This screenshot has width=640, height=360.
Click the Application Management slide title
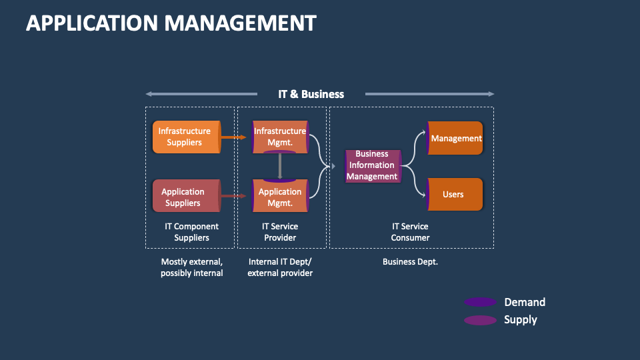click(171, 23)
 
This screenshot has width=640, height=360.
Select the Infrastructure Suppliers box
click(185, 137)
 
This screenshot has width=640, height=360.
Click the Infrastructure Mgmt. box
click(280, 137)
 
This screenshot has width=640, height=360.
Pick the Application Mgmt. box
click(280, 197)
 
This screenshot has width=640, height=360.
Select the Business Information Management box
click(372, 165)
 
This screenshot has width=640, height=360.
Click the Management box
click(455, 138)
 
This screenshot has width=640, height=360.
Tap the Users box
click(454, 195)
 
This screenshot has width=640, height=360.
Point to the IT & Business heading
click(311, 94)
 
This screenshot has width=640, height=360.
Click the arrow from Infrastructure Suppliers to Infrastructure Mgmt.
click(233, 137)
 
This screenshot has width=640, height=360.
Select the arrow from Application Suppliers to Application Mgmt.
click(233, 196)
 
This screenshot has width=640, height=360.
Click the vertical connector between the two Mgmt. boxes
click(280, 166)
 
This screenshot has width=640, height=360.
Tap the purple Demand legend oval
click(480, 302)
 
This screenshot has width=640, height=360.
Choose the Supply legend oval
click(480, 320)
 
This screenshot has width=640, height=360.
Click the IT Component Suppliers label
click(191, 232)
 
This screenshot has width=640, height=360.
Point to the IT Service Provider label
click(280, 232)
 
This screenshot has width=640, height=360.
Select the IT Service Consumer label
click(410, 232)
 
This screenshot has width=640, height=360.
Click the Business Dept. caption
click(410, 262)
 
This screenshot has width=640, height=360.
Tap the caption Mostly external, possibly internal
click(191, 267)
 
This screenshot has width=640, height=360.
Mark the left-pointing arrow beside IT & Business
click(200, 94)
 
